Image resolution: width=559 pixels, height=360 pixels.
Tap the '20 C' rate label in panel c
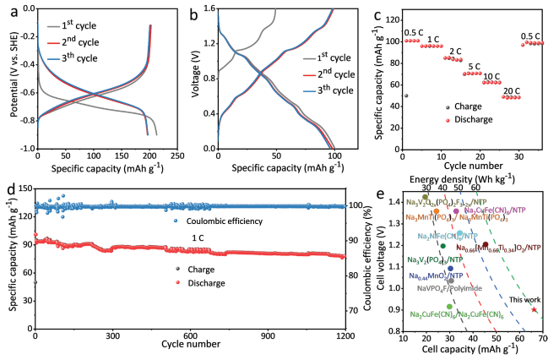pos(511,89)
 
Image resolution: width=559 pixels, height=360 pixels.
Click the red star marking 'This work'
pos(534,309)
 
